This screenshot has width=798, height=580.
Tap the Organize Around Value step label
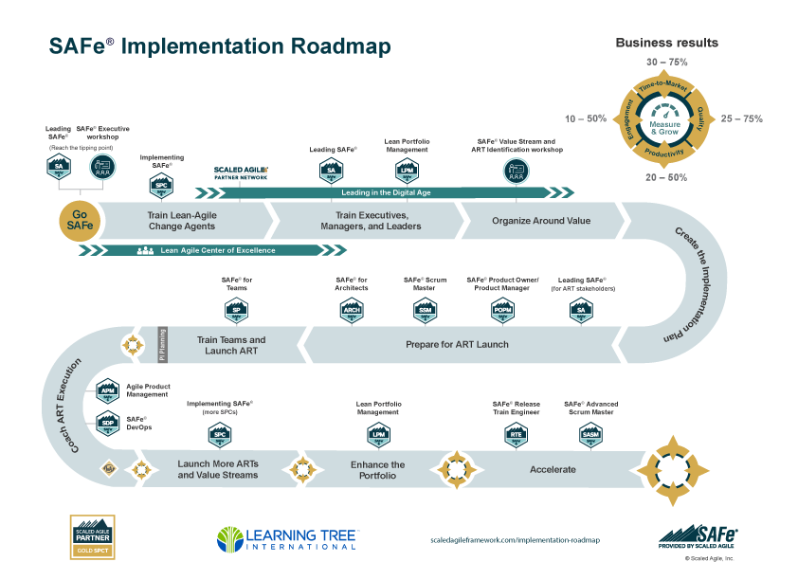point(541,221)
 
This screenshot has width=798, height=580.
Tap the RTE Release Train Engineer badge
point(517,435)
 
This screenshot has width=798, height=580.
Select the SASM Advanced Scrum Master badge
point(589,435)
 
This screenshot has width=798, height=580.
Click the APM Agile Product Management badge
point(108,389)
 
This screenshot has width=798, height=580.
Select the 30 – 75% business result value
point(666,61)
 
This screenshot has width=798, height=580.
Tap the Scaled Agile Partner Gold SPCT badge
point(92,537)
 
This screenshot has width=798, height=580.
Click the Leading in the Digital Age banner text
point(386,192)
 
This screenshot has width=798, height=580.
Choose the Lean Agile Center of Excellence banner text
point(218,250)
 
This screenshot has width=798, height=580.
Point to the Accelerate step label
point(553,469)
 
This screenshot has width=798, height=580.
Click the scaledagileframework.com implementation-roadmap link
point(515,539)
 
